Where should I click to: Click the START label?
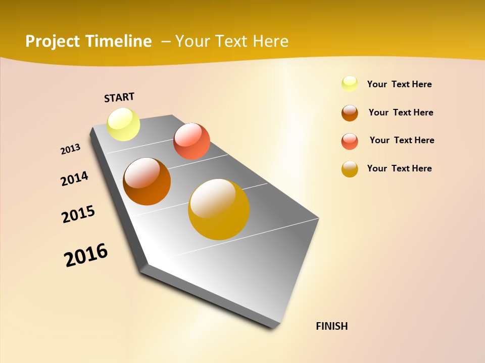pyautogui.click(x=119, y=97)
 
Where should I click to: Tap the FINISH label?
pyautogui.click(x=331, y=326)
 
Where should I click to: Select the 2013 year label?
pyautogui.click(x=70, y=149)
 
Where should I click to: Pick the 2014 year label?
pyautogui.click(x=74, y=178)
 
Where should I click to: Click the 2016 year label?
pyautogui.click(x=86, y=255)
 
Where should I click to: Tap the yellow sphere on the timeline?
pyautogui.click(x=124, y=124)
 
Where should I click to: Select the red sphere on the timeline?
pyautogui.click(x=191, y=141)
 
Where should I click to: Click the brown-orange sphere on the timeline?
pyautogui.click(x=147, y=181)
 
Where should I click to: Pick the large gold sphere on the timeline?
pyautogui.click(x=219, y=209)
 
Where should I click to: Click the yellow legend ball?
pyautogui.click(x=350, y=84)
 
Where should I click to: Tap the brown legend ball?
pyautogui.click(x=350, y=113)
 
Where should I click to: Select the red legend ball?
pyautogui.click(x=350, y=141)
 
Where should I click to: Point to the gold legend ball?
pyautogui.click(x=350, y=169)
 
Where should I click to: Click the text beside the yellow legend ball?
pyautogui.click(x=399, y=84)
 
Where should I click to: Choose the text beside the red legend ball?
pyautogui.click(x=402, y=140)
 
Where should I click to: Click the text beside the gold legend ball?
pyautogui.click(x=399, y=168)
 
